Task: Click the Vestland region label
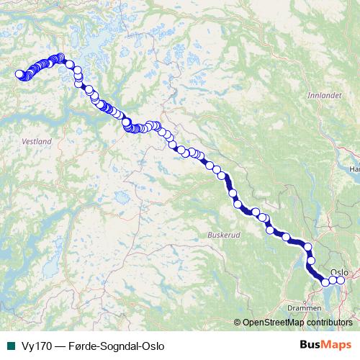(37, 142)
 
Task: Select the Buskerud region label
(221, 235)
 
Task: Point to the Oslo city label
(339, 272)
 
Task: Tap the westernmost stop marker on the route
(19, 73)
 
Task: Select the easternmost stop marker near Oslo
(341, 280)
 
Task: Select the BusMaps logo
(325, 345)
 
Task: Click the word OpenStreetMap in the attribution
(274, 323)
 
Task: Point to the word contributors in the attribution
(330, 323)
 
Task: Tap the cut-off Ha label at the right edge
(354, 168)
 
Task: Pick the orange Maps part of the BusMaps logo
(338, 345)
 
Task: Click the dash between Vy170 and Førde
(58, 346)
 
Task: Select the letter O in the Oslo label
(333, 272)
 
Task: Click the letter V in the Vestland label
(25, 142)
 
